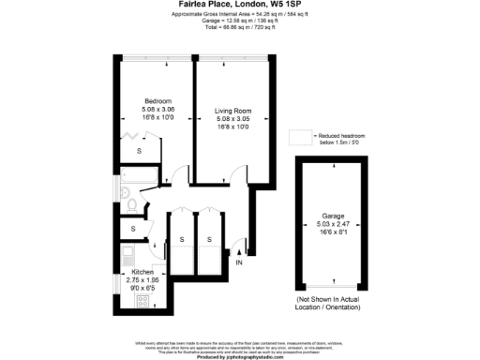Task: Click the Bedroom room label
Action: coord(157,101)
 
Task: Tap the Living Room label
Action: coord(233,112)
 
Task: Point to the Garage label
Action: coord(334,217)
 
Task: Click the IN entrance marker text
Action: coord(239,262)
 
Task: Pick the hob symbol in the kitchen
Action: coord(144,300)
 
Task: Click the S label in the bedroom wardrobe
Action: coord(139,151)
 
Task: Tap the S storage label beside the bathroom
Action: coord(133,229)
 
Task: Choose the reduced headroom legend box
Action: coord(302,137)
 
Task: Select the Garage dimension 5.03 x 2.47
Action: coord(334,225)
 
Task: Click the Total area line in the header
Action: coord(239,28)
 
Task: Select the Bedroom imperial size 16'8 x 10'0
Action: coord(157,118)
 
